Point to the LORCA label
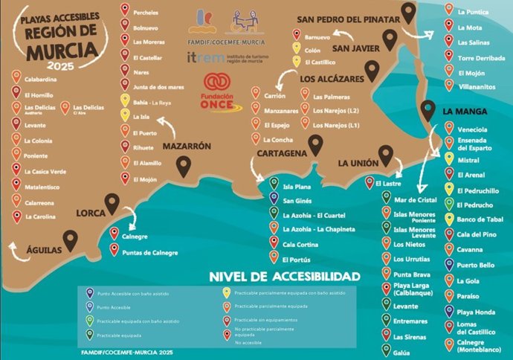pos(94,213)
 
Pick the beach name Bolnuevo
pos(146,28)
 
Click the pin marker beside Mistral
pos(448,159)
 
